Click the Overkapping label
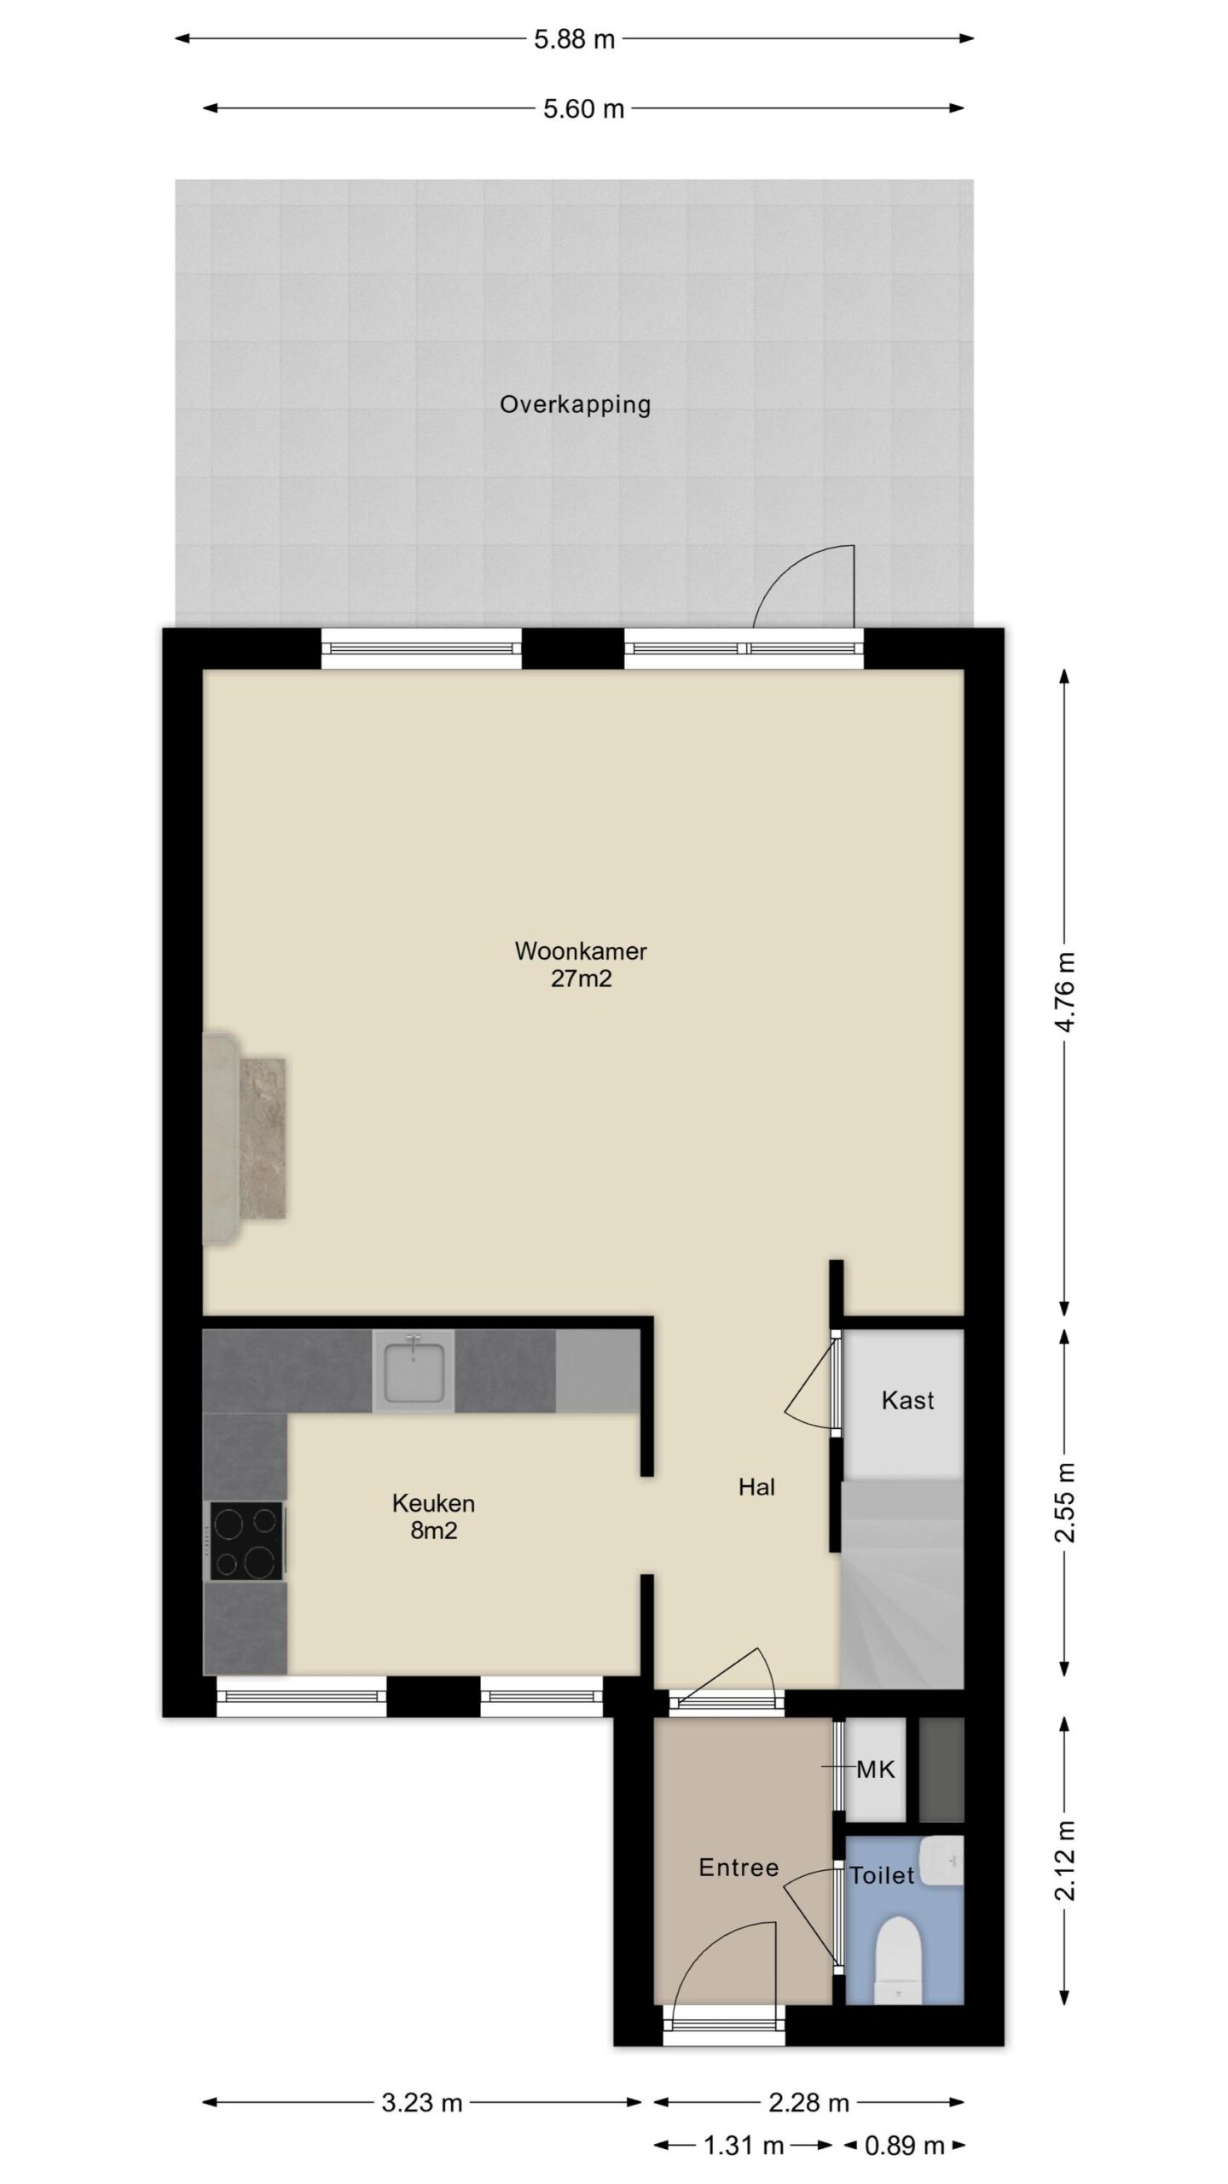coord(575,404)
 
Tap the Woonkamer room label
coord(581,950)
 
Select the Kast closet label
coord(908,1400)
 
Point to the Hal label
coord(756,1488)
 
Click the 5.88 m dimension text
coord(575,39)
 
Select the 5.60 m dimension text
coord(584,109)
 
